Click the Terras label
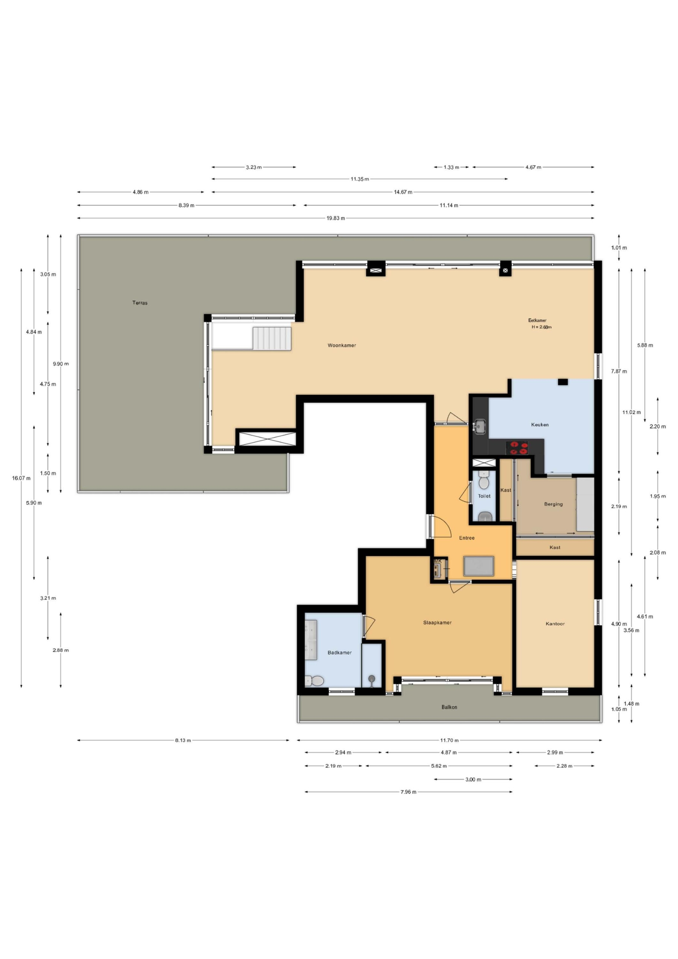click(x=140, y=303)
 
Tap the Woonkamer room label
click(x=341, y=345)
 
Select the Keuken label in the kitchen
click(x=540, y=425)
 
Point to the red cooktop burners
click(x=517, y=448)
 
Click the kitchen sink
click(x=480, y=426)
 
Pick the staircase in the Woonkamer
click(x=272, y=338)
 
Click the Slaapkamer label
click(x=437, y=622)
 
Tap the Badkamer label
click(x=340, y=653)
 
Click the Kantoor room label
click(x=555, y=624)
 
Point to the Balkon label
click(x=449, y=707)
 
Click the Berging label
click(x=553, y=504)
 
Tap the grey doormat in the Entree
click(x=479, y=566)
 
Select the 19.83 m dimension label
click(x=336, y=218)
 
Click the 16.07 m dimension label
click(x=21, y=478)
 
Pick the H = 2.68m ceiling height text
click(x=541, y=327)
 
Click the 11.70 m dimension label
click(x=449, y=740)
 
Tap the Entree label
click(x=467, y=538)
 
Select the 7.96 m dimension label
click(x=408, y=792)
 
